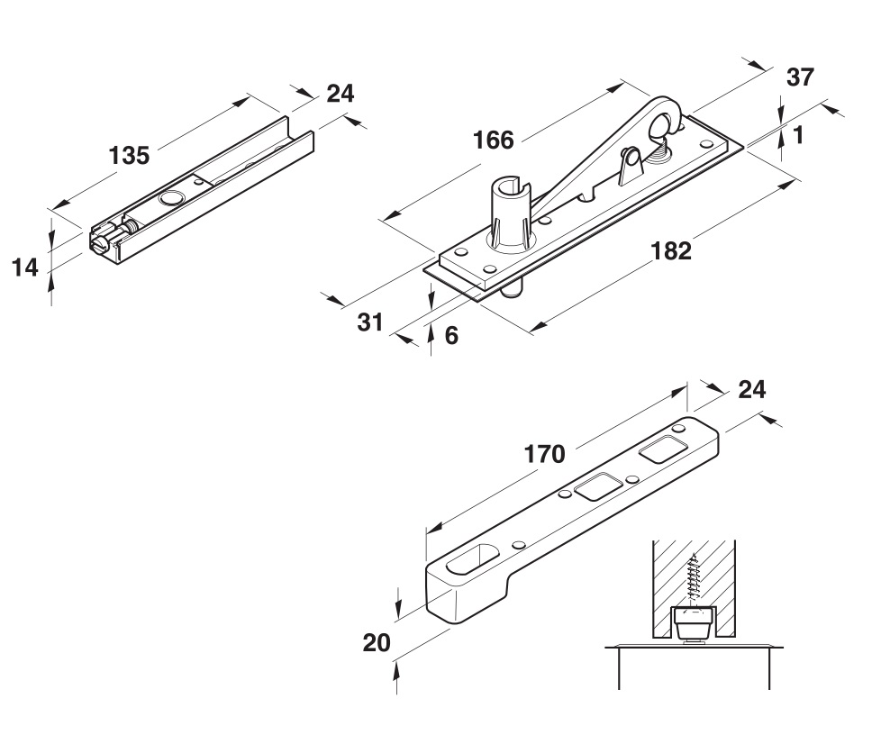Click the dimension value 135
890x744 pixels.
click(x=129, y=155)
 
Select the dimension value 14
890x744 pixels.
click(x=25, y=267)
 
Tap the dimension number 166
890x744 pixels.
click(x=493, y=140)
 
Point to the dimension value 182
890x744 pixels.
click(x=671, y=250)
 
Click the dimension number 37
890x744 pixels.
click(x=800, y=77)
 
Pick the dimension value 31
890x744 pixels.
click(x=370, y=322)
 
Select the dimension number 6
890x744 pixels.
click(x=451, y=335)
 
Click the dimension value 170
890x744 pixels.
click(x=544, y=454)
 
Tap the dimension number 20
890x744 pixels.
click(x=377, y=643)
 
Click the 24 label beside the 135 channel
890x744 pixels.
click(x=340, y=93)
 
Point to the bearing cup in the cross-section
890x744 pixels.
click(x=694, y=621)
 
